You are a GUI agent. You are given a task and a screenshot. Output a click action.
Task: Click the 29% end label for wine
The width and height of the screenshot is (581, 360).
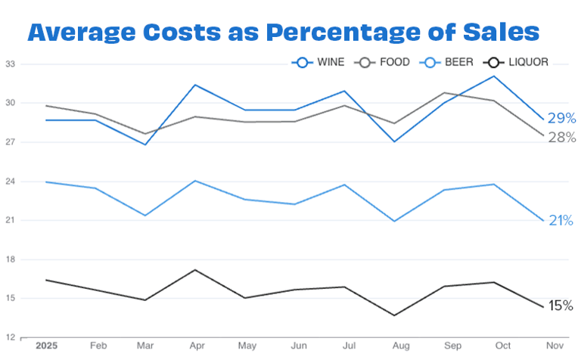point(562,118)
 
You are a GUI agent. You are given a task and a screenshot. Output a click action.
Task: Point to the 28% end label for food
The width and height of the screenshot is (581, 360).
point(562,138)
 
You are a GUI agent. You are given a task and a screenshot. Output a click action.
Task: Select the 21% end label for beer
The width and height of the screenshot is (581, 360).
point(561,221)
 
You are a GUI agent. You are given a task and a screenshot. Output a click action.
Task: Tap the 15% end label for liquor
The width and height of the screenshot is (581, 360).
point(561,306)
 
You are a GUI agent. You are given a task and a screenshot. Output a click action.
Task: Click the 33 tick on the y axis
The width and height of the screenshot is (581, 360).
point(11,64)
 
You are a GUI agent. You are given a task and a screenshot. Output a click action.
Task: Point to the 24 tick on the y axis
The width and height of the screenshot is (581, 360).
point(11,182)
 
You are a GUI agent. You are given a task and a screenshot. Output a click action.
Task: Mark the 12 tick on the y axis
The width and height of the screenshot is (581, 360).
point(11,338)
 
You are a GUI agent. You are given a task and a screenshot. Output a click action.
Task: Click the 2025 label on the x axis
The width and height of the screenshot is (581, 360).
point(47,346)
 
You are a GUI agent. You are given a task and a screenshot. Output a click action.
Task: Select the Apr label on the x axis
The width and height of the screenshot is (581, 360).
point(196,346)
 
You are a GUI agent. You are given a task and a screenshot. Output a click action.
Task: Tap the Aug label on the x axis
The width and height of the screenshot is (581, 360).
point(394,346)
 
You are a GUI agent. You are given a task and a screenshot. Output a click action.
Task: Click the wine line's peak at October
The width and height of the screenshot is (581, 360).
point(494,76)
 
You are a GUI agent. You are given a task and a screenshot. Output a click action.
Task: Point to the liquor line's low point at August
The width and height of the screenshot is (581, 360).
point(394,315)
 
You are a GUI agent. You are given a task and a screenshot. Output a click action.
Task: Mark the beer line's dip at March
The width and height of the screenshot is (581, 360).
point(145,216)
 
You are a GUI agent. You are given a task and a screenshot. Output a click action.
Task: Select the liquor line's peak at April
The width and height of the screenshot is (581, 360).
point(196,270)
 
